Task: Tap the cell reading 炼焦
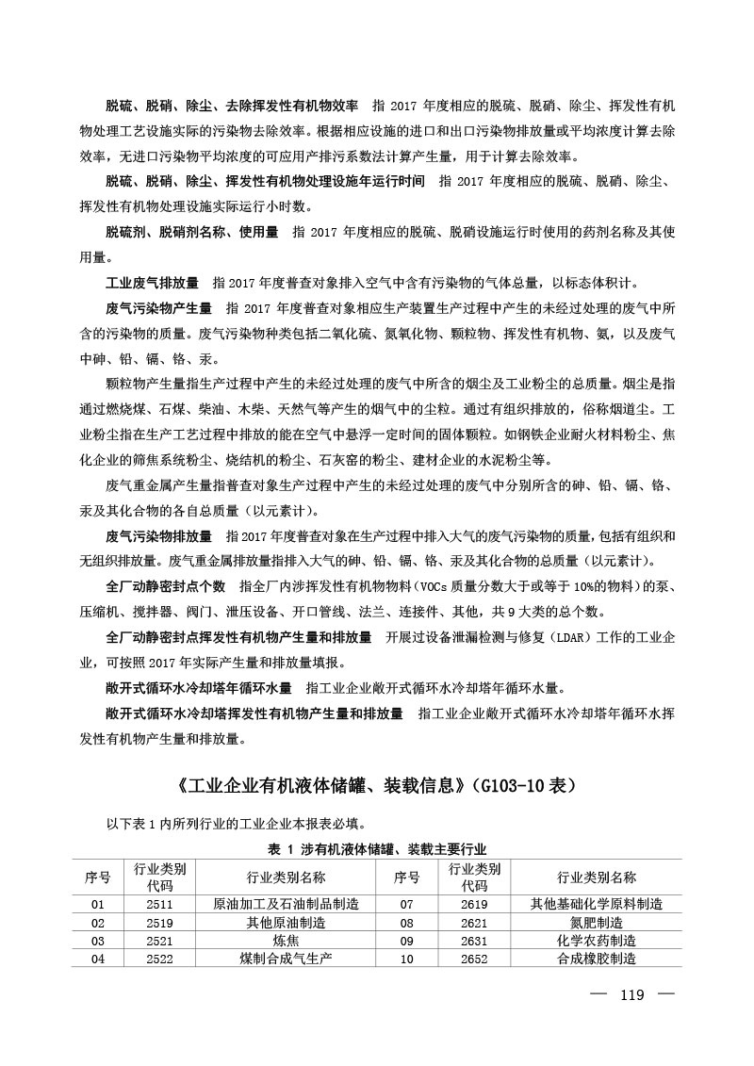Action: (286, 941)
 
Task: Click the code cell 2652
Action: (474, 959)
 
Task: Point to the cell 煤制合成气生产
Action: (286, 959)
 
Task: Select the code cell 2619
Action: (474, 904)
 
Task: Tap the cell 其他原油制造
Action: (286, 923)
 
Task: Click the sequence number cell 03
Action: (98, 941)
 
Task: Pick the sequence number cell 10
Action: (407, 959)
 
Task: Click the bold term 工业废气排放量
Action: (152, 283)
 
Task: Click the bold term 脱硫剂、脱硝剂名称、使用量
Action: (191, 232)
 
